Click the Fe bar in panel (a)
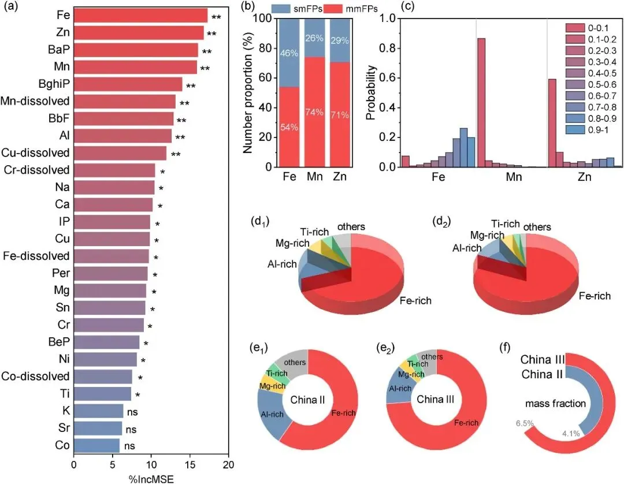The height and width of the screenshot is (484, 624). coord(140,16)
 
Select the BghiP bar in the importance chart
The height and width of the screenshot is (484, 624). coord(128,84)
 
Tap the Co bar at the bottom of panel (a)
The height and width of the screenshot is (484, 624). coord(96,446)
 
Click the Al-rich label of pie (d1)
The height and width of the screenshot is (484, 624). coord(283,265)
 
